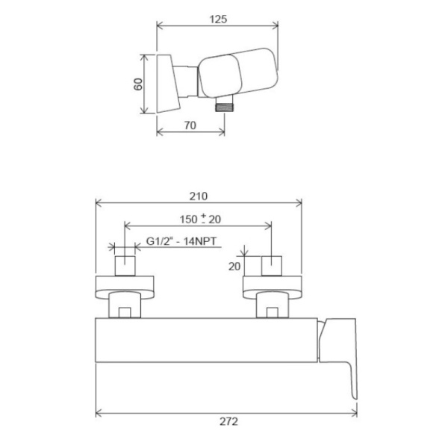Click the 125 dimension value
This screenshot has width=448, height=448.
coord(218,19)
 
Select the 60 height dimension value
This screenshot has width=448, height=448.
coord(138,84)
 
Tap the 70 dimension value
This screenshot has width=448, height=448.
coord(190,125)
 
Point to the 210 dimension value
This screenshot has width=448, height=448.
coord(199,196)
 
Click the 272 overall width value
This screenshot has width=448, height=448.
coord(228,421)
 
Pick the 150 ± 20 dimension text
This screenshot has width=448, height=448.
coord(200,219)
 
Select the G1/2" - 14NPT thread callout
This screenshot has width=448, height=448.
coord(181,241)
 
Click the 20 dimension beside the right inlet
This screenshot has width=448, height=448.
coord(234,267)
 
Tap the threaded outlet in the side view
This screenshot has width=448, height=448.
coord(225,108)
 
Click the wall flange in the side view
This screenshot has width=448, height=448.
coord(168,83)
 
